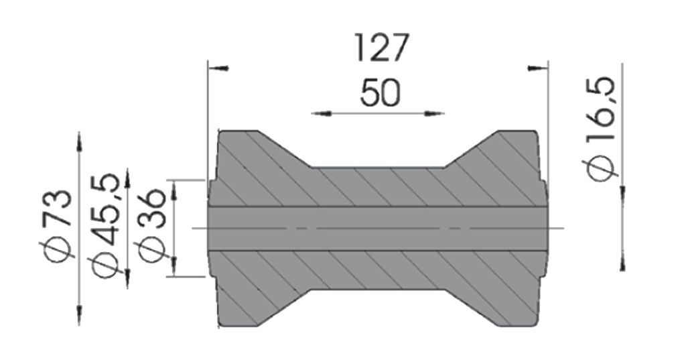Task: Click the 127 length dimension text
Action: pyautogui.click(x=381, y=48)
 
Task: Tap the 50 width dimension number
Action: pyautogui.click(x=381, y=93)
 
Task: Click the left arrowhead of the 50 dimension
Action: pyautogui.click(x=322, y=114)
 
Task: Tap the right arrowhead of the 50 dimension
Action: pyautogui.click(x=434, y=114)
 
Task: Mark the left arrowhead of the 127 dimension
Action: pyautogui.click(x=218, y=68)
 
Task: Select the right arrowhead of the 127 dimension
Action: pyautogui.click(x=537, y=68)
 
